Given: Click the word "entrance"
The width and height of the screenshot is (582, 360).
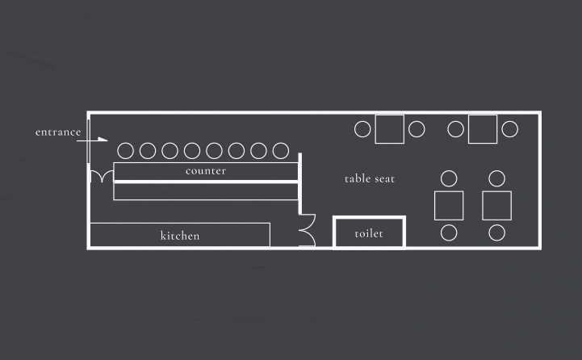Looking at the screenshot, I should (x=58, y=132).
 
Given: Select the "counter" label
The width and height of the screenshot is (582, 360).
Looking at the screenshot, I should (x=206, y=171).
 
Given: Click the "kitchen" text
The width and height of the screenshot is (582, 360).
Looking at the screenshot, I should (x=180, y=236).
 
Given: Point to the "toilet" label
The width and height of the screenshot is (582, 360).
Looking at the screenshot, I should (x=369, y=234).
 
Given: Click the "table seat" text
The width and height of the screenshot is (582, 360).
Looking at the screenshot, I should (x=370, y=178).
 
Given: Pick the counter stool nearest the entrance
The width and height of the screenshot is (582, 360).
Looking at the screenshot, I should (x=125, y=150).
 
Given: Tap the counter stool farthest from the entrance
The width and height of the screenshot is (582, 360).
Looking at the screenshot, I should (x=280, y=150).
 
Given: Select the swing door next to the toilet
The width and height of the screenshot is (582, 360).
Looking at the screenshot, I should (x=307, y=232).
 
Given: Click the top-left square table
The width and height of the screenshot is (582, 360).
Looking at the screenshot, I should (x=389, y=128).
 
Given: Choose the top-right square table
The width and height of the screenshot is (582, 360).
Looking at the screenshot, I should (x=483, y=128).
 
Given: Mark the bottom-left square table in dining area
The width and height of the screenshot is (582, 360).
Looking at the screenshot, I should (x=449, y=205).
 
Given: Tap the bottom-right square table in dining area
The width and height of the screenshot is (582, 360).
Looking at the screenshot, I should (x=497, y=205).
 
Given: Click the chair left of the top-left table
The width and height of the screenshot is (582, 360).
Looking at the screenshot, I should (x=362, y=128).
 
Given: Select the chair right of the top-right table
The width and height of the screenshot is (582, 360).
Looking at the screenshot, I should (x=509, y=128).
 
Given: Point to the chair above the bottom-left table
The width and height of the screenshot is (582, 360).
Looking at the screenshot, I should (x=450, y=178).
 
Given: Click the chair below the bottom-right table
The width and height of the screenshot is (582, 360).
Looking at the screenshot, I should (x=497, y=233).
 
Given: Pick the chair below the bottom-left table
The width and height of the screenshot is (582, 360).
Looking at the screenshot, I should (x=450, y=233).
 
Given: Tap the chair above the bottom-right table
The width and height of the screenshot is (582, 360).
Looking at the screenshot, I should (x=497, y=178).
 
